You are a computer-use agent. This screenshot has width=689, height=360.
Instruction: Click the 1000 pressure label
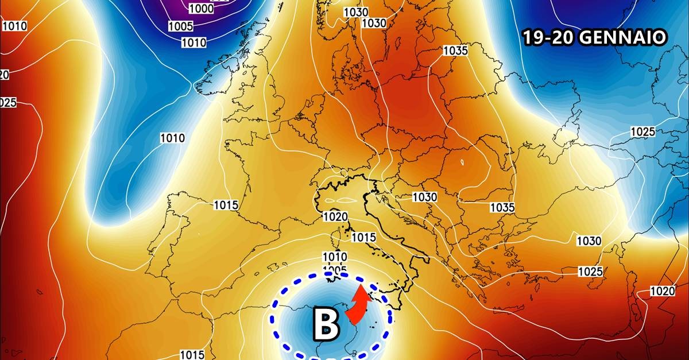tap(201, 9)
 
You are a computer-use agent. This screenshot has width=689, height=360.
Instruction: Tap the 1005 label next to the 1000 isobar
tap(180, 26)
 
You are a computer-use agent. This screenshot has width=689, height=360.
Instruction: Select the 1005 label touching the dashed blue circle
tap(335, 270)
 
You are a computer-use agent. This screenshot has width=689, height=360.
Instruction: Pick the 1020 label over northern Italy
tap(336, 217)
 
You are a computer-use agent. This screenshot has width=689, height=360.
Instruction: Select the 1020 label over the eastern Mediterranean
tap(663, 291)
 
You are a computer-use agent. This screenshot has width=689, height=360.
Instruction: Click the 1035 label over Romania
tap(502, 207)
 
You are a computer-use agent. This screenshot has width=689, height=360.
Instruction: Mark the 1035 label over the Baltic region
tap(455, 51)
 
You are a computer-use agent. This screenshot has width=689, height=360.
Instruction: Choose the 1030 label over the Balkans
tap(425, 197)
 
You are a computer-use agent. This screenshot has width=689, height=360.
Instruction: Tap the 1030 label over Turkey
tap(589, 241)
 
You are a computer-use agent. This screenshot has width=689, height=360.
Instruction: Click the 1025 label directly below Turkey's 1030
tap(590, 271)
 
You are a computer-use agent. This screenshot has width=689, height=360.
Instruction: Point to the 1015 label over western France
tap(226, 205)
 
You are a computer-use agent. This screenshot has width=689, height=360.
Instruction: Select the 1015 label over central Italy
tap(363, 237)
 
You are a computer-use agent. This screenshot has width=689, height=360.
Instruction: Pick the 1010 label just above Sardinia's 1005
tap(335, 257)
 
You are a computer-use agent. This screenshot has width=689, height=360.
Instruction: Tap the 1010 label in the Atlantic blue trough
tap(172, 138)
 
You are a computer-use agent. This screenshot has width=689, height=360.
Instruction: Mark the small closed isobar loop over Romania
tap(463, 162)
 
